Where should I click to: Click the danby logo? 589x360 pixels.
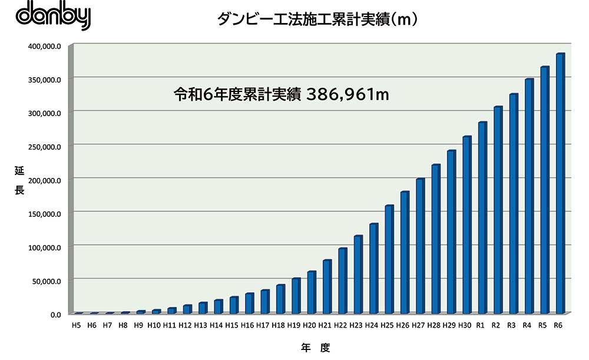(x=54, y=16)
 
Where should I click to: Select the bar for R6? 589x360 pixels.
(x=560, y=183)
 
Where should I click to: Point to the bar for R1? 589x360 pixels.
(x=482, y=217)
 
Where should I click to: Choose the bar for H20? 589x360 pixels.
(x=311, y=292)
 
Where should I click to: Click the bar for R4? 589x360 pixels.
(x=529, y=196)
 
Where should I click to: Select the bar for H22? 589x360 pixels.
(x=342, y=280)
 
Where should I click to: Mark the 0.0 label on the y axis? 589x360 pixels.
(x=55, y=314)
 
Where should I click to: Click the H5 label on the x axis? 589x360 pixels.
(x=77, y=325)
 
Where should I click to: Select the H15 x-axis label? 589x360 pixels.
(x=231, y=325)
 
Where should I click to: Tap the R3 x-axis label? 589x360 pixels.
(x=512, y=325)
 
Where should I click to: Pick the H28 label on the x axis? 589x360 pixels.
(x=434, y=325)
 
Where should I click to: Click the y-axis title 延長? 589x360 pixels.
(x=19, y=180)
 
